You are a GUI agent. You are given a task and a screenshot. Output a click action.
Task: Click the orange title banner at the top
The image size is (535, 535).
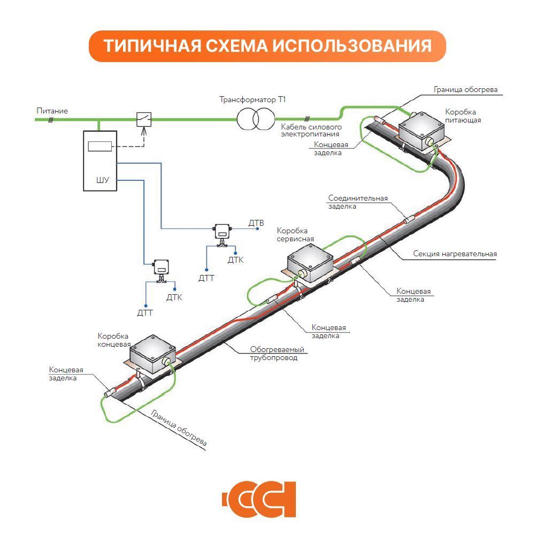coord(267,46)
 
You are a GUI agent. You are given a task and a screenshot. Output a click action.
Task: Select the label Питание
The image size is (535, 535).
coord(52,111)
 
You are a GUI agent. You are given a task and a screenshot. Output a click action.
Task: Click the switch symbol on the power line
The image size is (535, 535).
coord(143,119)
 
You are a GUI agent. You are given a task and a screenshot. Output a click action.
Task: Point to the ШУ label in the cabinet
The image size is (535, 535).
coord(102,180)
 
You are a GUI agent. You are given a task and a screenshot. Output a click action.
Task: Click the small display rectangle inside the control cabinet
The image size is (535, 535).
coord(100,146)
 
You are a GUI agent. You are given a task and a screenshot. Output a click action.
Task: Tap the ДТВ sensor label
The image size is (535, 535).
coord(256,222)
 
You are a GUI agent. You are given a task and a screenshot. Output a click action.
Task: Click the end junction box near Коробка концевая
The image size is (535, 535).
coord(153,354)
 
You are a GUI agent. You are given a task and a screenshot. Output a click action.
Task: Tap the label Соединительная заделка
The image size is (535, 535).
coord(357,202)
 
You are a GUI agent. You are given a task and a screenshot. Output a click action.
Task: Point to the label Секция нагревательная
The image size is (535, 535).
coord(455,254)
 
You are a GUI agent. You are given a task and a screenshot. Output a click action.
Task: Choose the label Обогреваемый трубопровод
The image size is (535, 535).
coord(277,354)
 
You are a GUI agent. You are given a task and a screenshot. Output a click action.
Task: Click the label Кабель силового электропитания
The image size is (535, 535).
coord(311,131)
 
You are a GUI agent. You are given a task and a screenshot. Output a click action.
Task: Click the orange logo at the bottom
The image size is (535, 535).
coord(259,500)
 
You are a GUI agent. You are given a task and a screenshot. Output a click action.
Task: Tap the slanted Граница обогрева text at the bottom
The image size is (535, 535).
coord(179,428)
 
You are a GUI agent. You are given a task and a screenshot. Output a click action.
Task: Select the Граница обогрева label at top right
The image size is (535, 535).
coord(465,89)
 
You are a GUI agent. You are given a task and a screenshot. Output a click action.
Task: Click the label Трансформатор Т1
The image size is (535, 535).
coord(255,100)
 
